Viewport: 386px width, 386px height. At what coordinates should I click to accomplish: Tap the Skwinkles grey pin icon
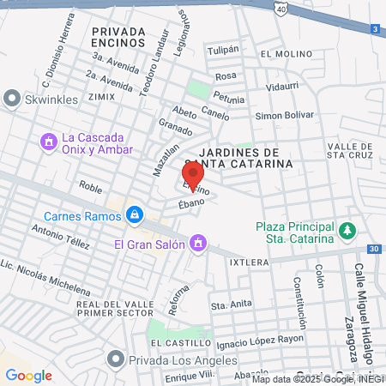tap(12, 100)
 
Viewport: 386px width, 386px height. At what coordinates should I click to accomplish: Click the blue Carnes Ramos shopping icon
tap(134, 214)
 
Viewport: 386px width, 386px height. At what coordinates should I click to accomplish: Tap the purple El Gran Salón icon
tap(198, 244)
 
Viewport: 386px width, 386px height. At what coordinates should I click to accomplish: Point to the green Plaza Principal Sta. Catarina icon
tap(347, 231)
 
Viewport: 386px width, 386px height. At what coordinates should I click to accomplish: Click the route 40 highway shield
tap(282, 8)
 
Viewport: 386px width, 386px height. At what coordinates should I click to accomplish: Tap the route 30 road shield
tap(372, 249)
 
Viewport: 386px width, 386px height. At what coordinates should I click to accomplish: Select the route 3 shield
tap(377, 29)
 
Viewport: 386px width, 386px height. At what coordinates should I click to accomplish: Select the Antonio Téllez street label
tap(60, 236)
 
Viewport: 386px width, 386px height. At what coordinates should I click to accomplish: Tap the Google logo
tap(28, 375)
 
